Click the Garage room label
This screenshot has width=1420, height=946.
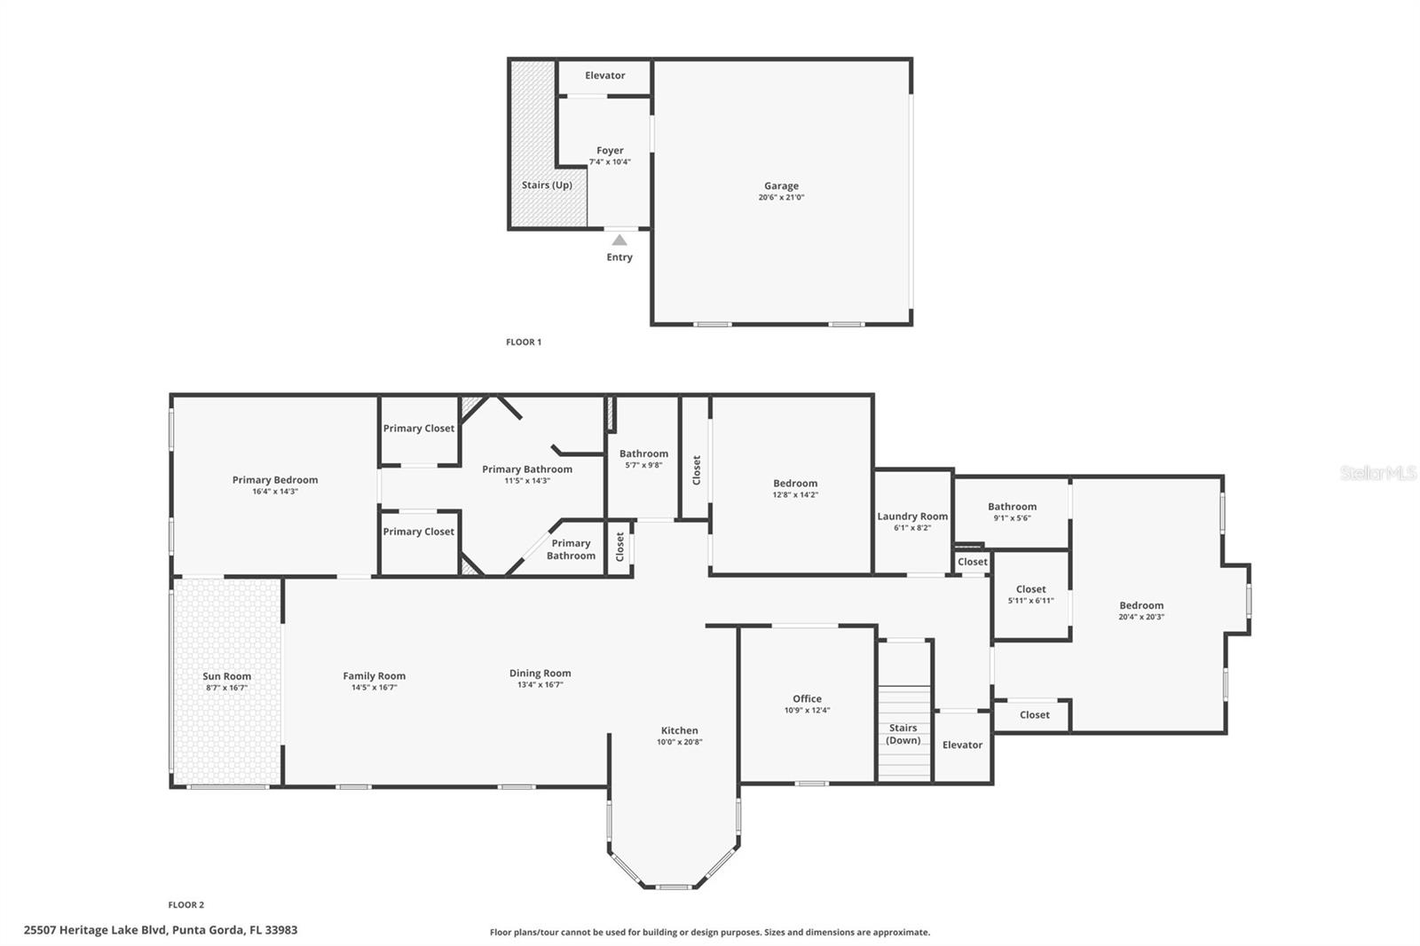[781, 186]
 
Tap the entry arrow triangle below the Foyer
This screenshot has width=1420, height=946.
[619, 240]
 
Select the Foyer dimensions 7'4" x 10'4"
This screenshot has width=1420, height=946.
[610, 162]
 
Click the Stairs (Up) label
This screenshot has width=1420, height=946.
[547, 185]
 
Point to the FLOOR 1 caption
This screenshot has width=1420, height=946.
[524, 342]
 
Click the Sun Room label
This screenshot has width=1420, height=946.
[226, 676]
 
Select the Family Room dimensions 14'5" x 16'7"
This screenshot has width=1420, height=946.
[374, 688]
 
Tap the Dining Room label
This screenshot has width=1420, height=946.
[540, 674]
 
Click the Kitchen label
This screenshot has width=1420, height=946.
[679, 730]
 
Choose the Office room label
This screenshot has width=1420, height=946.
[807, 698]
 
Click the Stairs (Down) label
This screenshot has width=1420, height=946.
[903, 734]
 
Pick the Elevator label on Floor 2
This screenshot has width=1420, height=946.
[962, 745]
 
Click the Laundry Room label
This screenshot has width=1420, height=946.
[912, 516]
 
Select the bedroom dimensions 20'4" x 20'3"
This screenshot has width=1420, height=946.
[1141, 617]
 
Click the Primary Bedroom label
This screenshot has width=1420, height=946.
[275, 480]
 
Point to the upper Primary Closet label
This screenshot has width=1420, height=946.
[419, 429]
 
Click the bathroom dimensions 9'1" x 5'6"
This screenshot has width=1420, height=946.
[1012, 518]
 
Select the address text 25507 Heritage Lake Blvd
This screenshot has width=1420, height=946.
[96, 930]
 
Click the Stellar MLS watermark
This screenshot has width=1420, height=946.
[1377, 474]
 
